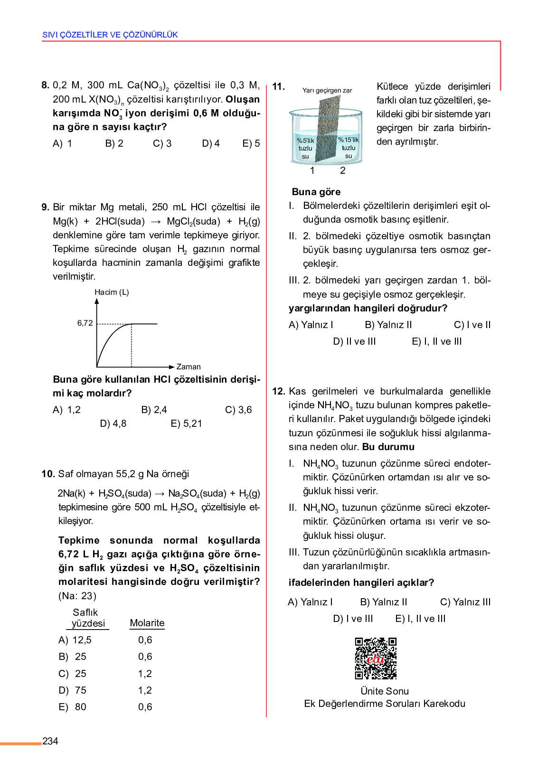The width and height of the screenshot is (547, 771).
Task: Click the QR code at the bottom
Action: (x=376, y=658)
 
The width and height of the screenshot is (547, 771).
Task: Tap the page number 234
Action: (x=50, y=741)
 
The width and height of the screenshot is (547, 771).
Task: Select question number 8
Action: (x=46, y=85)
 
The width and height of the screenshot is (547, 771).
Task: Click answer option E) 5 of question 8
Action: (x=251, y=143)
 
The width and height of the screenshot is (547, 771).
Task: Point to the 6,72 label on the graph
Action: (x=85, y=323)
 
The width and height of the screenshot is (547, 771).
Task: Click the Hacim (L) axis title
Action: (x=112, y=292)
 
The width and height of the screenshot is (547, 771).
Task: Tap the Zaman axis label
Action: (x=189, y=367)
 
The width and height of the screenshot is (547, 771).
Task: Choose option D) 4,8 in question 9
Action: (x=113, y=423)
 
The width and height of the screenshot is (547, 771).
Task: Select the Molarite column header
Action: (x=147, y=623)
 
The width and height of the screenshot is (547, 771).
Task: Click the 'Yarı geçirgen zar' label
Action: (x=327, y=90)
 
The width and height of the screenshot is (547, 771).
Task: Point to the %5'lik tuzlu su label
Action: (x=305, y=148)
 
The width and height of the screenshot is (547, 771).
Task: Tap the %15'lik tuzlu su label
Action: (x=349, y=148)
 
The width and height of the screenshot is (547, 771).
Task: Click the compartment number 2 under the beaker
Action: (x=343, y=170)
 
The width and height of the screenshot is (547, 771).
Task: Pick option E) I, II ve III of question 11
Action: (x=436, y=341)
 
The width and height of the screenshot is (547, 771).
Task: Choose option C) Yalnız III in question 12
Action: (x=465, y=602)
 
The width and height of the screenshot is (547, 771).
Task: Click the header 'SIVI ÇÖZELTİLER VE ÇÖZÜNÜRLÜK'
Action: (x=110, y=35)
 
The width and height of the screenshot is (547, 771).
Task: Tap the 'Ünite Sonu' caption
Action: (x=385, y=691)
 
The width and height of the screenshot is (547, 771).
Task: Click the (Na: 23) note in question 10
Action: (x=77, y=596)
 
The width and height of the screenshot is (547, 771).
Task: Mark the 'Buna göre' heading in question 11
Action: (x=316, y=192)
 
